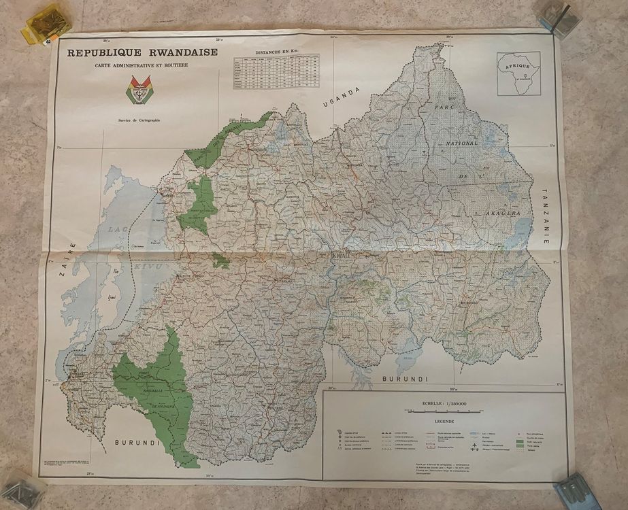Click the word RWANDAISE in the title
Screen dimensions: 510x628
coord(179,52)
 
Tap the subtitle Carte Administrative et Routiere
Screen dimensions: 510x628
coord(142,65)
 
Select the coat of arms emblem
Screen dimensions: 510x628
coord(139,90)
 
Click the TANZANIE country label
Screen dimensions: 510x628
coord(545,216)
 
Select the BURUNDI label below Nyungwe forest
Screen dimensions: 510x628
coord(137,443)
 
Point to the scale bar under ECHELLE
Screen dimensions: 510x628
coord(443,411)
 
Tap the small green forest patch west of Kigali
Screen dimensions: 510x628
coord(220,260)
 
